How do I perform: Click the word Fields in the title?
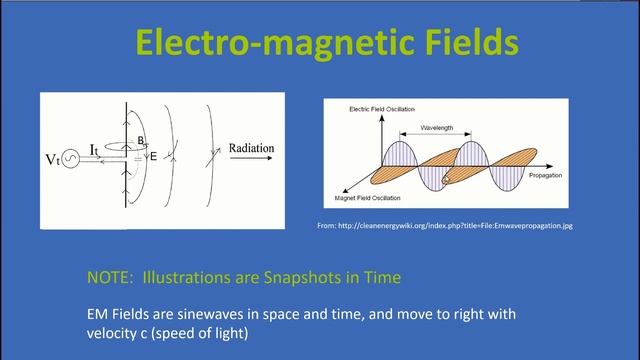tap(454, 43)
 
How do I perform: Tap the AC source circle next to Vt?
tap(72, 158)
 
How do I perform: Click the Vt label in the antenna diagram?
tap(53, 158)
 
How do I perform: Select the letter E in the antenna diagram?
tap(153, 156)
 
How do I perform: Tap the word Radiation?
tap(257, 147)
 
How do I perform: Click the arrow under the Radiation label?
tap(258, 160)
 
